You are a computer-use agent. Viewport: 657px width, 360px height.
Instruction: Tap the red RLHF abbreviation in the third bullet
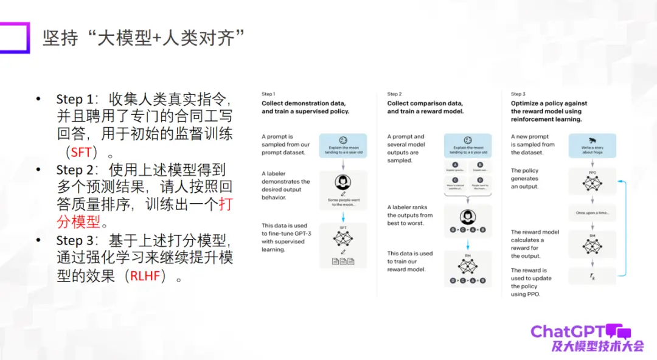click(x=148, y=276)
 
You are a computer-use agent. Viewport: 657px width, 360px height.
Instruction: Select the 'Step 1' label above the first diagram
click(x=268, y=94)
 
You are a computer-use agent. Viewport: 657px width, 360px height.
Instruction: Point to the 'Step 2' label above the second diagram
click(x=394, y=94)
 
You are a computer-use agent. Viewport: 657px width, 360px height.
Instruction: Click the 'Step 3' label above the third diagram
click(x=518, y=94)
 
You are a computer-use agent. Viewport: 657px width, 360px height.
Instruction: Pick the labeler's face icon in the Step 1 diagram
click(x=343, y=182)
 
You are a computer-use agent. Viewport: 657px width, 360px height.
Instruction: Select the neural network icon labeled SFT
click(x=343, y=238)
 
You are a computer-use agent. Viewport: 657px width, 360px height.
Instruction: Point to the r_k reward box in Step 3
click(x=592, y=277)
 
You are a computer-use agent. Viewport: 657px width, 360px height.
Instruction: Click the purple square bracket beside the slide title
click(x=18, y=37)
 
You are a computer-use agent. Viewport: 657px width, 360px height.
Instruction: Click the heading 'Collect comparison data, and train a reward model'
click(x=425, y=107)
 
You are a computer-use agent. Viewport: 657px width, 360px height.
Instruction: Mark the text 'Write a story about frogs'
click(x=592, y=150)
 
